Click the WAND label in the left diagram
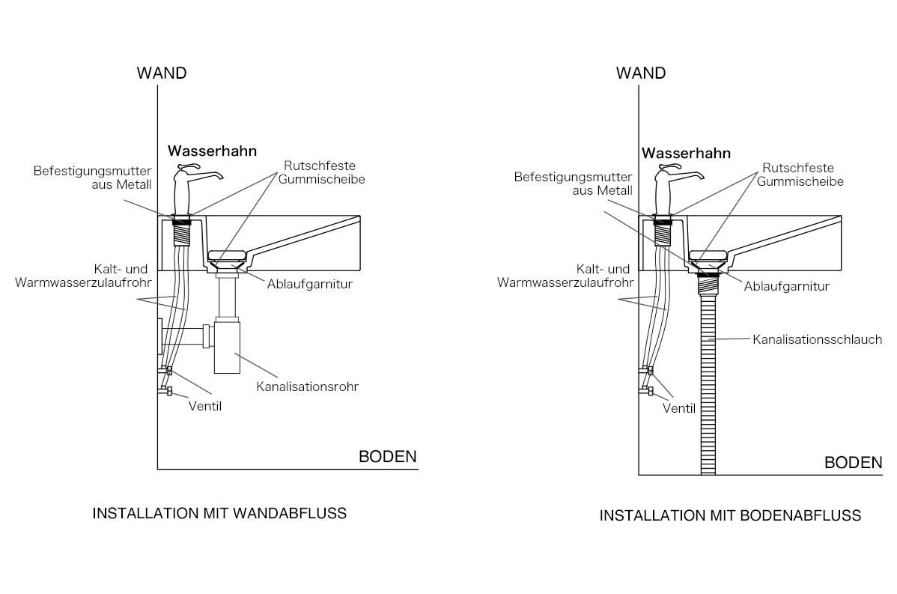(x=161, y=73)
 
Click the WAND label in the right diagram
(x=641, y=73)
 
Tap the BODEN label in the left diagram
(x=387, y=457)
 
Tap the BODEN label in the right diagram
(x=853, y=462)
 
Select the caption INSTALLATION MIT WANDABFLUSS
(x=219, y=513)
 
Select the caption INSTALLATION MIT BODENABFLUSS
(x=730, y=515)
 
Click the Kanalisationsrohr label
(x=307, y=387)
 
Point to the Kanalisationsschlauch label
(x=817, y=340)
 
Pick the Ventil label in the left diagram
(x=205, y=406)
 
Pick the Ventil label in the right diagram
(x=679, y=408)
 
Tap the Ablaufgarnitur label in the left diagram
(x=309, y=285)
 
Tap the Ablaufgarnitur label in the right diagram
(x=787, y=287)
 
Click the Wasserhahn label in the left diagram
(x=212, y=151)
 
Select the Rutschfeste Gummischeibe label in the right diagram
(x=800, y=175)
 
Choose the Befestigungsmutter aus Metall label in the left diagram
(x=92, y=178)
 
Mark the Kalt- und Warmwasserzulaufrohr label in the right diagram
(x=565, y=276)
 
